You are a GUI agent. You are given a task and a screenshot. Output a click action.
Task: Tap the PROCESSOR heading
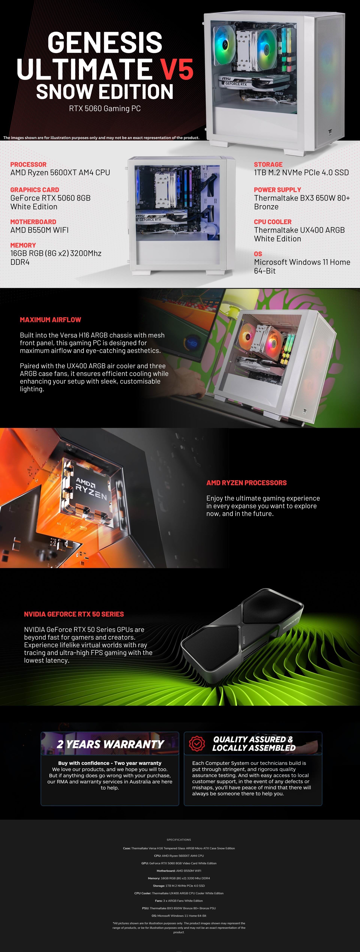[28, 165]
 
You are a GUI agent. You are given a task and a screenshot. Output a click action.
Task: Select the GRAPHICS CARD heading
[35, 190]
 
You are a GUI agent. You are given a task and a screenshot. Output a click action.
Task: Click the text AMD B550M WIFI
[40, 230]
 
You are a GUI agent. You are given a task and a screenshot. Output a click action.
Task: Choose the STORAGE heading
[268, 165]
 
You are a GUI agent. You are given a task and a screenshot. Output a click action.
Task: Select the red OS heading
[258, 254]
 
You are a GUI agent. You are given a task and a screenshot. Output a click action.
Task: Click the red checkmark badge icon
[197, 743]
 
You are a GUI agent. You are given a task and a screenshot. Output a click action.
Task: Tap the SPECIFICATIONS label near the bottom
[179, 840]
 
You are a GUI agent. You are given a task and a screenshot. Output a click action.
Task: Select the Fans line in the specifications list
[179, 901]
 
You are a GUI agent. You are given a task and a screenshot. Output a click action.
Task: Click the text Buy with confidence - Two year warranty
[110, 763]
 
